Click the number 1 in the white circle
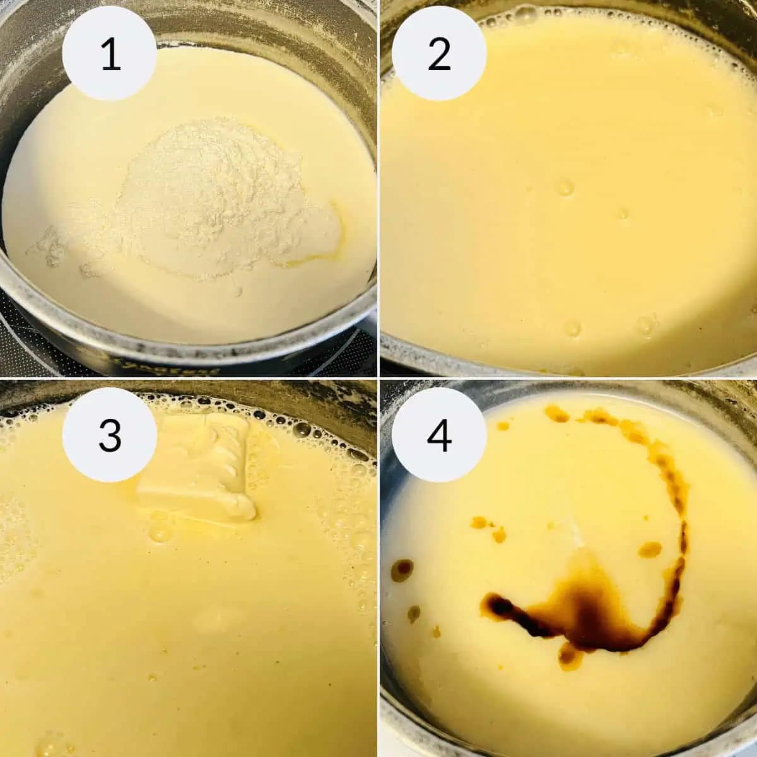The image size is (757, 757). (x=110, y=54)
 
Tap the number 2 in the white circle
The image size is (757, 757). (x=439, y=54)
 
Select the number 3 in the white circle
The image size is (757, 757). (x=110, y=435)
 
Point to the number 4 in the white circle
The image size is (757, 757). (x=440, y=435)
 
